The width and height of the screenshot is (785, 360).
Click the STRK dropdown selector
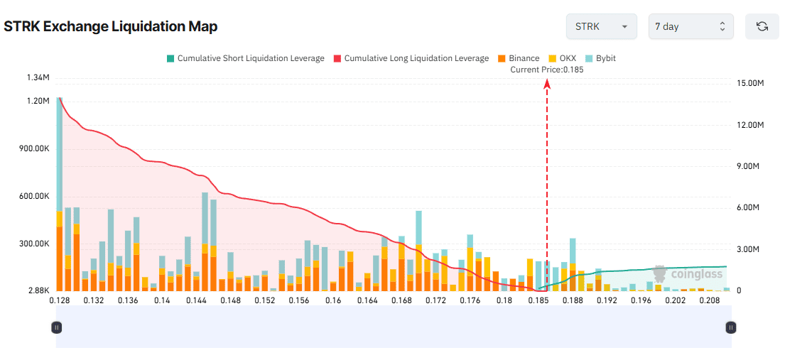[601, 26]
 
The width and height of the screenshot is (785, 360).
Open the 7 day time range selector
[691, 26]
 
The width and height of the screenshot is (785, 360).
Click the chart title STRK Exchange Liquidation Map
[111, 26]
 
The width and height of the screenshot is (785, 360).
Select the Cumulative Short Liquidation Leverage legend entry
[245, 58]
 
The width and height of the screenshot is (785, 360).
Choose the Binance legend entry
[519, 58]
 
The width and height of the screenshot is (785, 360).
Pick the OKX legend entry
[561, 58]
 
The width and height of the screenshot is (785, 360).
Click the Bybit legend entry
[600, 58]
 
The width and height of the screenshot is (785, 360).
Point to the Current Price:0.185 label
[547, 70]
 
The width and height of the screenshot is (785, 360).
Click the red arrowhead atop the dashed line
[547, 84]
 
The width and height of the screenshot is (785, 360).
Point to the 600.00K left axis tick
[33, 196]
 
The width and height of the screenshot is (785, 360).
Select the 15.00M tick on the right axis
[750, 83]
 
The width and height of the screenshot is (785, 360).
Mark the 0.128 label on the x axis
[59, 300]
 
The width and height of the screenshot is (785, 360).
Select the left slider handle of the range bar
[56, 327]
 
